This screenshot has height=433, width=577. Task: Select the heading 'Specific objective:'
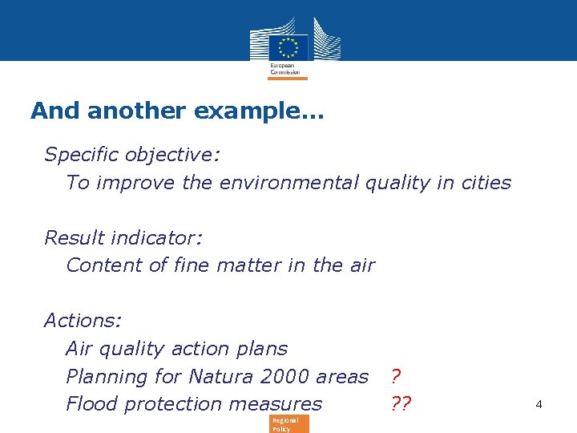132,154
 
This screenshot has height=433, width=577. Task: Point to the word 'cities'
485,182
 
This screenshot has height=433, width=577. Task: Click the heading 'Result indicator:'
123,237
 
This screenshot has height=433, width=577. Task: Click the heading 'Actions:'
83,321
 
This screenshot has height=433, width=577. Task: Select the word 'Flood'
91,404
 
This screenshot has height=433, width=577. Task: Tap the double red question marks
400,404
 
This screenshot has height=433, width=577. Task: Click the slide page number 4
539,405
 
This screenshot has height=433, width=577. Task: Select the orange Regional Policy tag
286,424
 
